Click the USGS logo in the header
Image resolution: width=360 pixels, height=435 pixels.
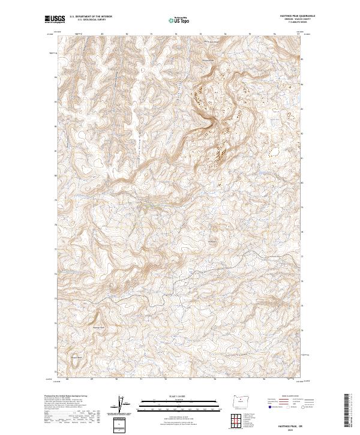pyautogui.click(x=55, y=19)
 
